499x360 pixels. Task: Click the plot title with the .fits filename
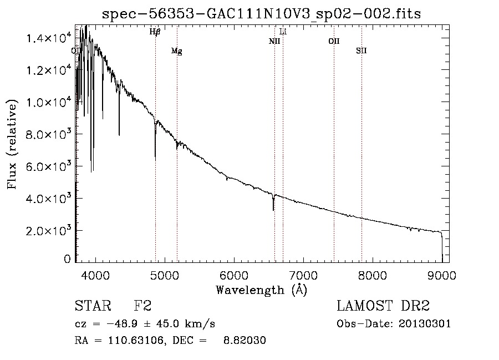click(x=261, y=14)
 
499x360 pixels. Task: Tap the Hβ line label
click(x=155, y=32)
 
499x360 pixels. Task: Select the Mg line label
click(x=176, y=51)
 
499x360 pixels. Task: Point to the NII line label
click(x=274, y=41)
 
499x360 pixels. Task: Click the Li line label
click(x=283, y=32)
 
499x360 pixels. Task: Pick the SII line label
click(x=361, y=51)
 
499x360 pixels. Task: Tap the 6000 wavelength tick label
click(x=234, y=275)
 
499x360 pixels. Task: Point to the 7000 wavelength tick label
click(x=303, y=275)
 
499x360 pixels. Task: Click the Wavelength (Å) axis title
click(x=261, y=290)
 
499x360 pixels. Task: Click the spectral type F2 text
click(x=142, y=306)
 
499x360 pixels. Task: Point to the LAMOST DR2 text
click(x=383, y=306)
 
